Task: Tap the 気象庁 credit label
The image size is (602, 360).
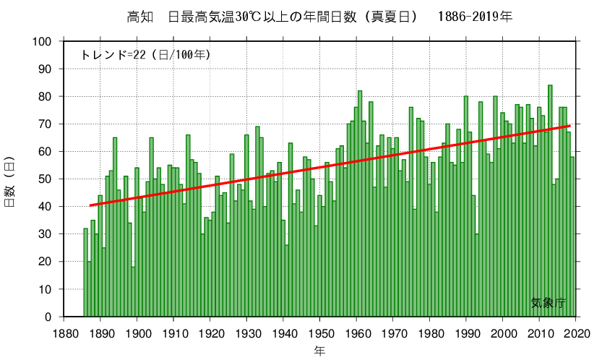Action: [x=548, y=304]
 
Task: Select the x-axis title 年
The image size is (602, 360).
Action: [x=319, y=351]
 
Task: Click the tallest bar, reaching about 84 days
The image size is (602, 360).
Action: [x=550, y=202]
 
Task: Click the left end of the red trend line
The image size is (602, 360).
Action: [x=90, y=205]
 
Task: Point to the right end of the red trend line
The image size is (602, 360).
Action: [x=569, y=127]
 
